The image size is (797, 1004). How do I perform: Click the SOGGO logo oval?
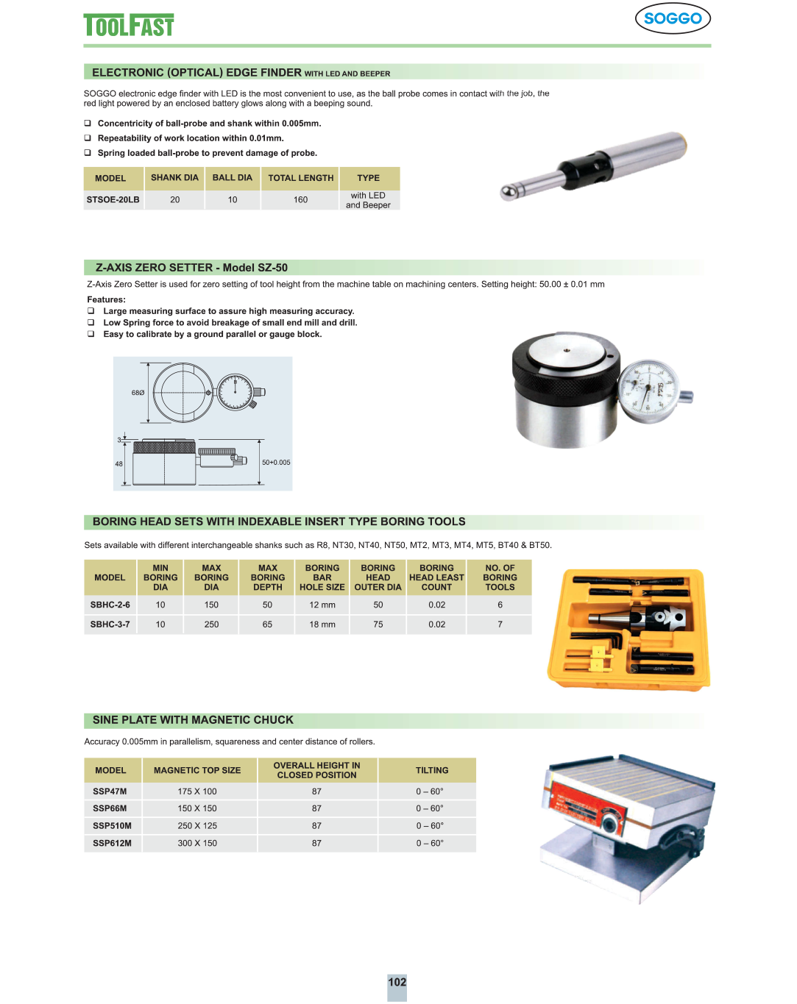(673, 18)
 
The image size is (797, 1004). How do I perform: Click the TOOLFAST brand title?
(128, 25)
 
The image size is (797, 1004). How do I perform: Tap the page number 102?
(397, 982)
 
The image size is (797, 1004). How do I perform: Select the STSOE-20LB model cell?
(113, 199)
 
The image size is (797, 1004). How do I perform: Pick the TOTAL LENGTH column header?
(301, 178)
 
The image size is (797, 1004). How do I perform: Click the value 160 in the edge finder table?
(301, 199)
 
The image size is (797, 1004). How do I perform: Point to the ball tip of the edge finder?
(508, 193)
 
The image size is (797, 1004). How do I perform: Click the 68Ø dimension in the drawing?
(138, 393)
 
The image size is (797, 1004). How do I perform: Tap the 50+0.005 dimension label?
(276, 463)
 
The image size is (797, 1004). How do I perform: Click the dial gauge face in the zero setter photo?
(648, 391)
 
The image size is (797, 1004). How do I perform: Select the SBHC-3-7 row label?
(110, 624)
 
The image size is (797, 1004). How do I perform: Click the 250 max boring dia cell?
(211, 624)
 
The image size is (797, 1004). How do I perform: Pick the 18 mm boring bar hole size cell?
(322, 624)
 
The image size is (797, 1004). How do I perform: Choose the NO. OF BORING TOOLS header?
(500, 577)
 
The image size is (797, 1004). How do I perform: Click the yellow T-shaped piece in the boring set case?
(600, 658)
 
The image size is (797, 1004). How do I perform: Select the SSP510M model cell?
(112, 826)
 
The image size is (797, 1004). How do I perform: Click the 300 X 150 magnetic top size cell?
(197, 843)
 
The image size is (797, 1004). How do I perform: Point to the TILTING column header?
(432, 770)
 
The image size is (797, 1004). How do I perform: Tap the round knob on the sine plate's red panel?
(609, 824)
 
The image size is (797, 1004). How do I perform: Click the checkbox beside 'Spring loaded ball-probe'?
(88, 152)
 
